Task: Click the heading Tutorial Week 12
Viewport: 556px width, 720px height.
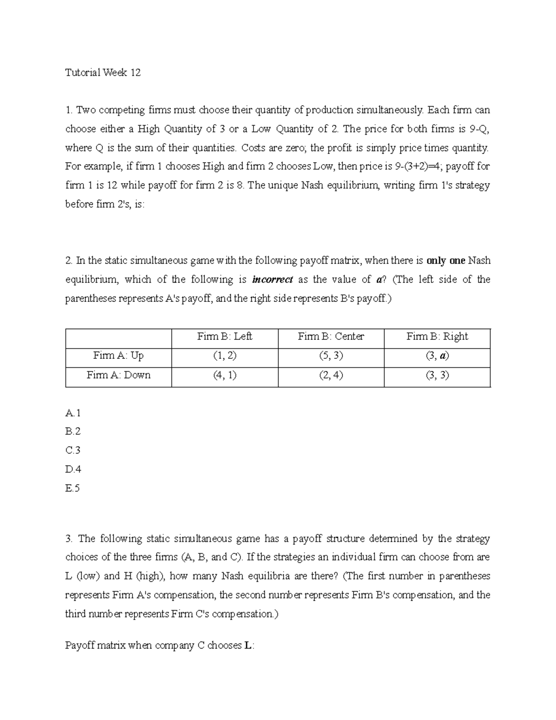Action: click(103, 72)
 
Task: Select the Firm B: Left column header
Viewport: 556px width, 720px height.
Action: click(225, 336)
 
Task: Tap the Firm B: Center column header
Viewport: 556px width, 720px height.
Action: click(331, 336)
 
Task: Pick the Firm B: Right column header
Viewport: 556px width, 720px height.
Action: click(437, 336)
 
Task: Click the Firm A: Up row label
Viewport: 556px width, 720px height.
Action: click(118, 356)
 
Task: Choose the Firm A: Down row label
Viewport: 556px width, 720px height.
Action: click(118, 375)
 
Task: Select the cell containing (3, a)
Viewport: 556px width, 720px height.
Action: click(437, 356)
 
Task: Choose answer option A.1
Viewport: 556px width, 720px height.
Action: click(73, 413)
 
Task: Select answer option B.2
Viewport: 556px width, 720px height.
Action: click(73, 431)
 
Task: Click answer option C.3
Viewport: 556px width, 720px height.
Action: click(73, 450)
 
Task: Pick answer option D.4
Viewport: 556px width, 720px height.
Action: click(73, 469)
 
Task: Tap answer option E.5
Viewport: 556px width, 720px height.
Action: click(73, 488)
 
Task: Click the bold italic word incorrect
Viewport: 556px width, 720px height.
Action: click(272, 280)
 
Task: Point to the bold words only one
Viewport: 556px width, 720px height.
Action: click(446, 261)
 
